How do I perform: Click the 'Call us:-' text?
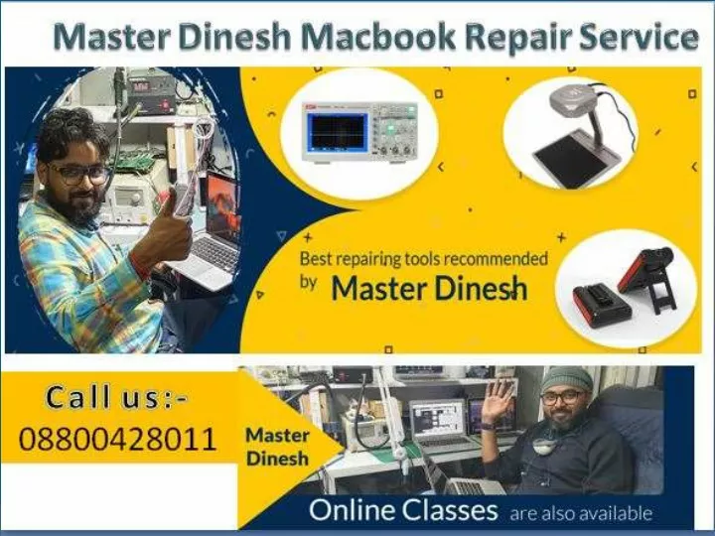(x=118, y=399)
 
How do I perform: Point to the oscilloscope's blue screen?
(x=337, y=130)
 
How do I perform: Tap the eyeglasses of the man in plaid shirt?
(x=79, y=173)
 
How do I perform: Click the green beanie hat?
(x=565, y=379)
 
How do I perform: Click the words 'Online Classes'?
(x=403, y=511)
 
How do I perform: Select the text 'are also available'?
(x=581, y=513)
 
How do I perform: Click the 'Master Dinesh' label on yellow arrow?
(x=277, y=447)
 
